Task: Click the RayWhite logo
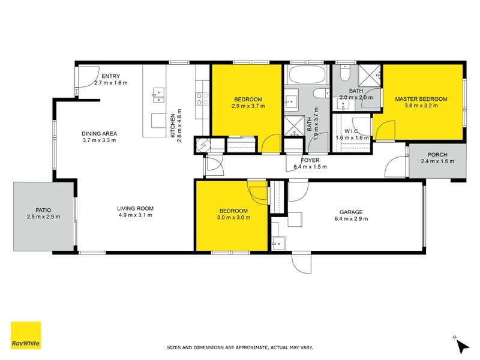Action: coord(26,335)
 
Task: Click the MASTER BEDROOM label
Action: coord(421,99)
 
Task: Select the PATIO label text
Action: coord(43,210)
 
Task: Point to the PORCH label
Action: coord(437,154)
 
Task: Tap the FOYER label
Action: coord(310,160)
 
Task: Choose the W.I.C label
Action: coord(352,131)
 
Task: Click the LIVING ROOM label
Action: coord(135,209)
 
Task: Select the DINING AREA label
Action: coord(99,134)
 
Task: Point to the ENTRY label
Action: coord(110,76)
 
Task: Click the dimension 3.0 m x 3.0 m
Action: coord(233,217)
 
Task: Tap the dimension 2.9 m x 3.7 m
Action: coord(248,106)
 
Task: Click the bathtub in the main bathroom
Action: coord(307,76)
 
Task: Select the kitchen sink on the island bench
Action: coord(158,94)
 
